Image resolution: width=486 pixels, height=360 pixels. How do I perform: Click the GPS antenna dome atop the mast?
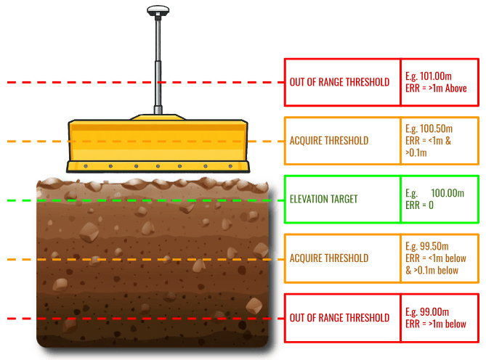pos(158,11)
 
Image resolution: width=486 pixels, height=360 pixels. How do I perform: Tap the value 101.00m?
pos(435,76)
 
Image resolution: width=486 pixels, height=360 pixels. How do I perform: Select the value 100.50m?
pos(436,128)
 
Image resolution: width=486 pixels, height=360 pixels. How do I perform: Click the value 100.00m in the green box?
pos(447,193)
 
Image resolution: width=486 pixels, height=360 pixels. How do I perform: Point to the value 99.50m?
pos(434,246)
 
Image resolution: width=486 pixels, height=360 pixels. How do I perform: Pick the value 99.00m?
pos(434,311)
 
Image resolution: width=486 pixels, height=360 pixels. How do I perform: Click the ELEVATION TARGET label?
pos(323,199)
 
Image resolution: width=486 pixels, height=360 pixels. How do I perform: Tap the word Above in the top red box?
pos(456,89)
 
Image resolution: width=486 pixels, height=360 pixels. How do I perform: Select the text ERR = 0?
pos(419,205)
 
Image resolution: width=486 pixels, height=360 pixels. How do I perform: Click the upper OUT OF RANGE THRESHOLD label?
pos(339,82)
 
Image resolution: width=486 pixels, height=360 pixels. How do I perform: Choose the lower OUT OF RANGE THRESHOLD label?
pos(339,318)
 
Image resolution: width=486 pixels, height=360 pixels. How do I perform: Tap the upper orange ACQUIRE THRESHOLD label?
pos(329,141)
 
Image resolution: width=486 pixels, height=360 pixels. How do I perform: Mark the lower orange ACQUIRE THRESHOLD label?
pos(329,258)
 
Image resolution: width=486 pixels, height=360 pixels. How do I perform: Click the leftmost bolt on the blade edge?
pos(86,166)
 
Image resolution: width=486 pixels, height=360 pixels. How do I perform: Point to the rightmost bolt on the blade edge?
pos(230,166)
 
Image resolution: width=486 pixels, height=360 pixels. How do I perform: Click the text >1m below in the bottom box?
pos(447,324)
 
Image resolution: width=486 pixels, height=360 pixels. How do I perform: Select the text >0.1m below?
pos(436,270)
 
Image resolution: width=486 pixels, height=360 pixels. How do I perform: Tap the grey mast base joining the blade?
pos(158,110)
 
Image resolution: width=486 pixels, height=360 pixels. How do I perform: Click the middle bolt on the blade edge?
pos(158,166)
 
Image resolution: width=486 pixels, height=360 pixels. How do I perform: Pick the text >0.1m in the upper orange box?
pos(416,153)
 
